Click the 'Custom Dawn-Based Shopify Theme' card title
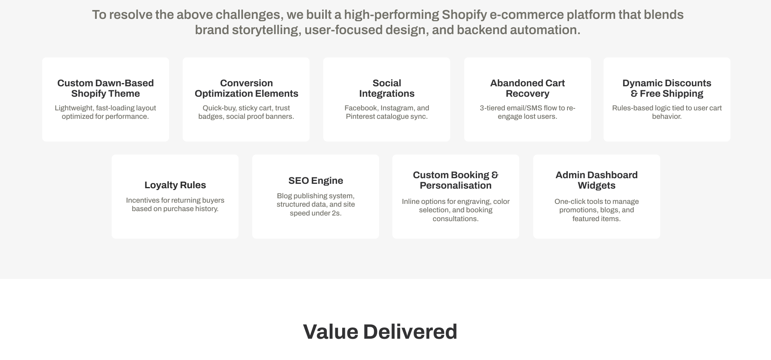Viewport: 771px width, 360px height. [106, 88]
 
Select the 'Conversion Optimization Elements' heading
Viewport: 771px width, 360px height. [246, 88]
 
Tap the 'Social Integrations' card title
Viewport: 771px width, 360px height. [387, 88]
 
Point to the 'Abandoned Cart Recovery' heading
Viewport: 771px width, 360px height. [527, 88]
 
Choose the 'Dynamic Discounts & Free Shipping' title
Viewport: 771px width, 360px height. [667, 88]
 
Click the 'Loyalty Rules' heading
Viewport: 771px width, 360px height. [175, 185]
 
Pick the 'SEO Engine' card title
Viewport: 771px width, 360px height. [316, 181]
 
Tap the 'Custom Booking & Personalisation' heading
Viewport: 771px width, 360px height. [455, 180]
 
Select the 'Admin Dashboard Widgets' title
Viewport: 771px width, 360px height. [596, 180]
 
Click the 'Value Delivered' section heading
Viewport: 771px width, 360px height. [380, 332]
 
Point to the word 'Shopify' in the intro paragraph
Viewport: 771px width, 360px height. [464, 15]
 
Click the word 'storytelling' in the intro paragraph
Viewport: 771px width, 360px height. [267, 30]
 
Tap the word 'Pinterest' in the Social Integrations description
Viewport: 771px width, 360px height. [360, 116]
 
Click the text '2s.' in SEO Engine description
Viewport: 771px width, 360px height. [337, 213]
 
